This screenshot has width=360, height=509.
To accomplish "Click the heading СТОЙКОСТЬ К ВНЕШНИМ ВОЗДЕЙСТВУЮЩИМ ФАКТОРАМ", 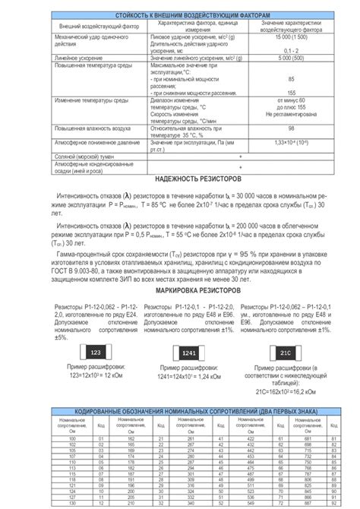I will tap(180, 16).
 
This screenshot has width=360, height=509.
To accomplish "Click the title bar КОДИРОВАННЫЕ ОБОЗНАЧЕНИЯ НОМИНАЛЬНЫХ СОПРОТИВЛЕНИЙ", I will tap(180, 411).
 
